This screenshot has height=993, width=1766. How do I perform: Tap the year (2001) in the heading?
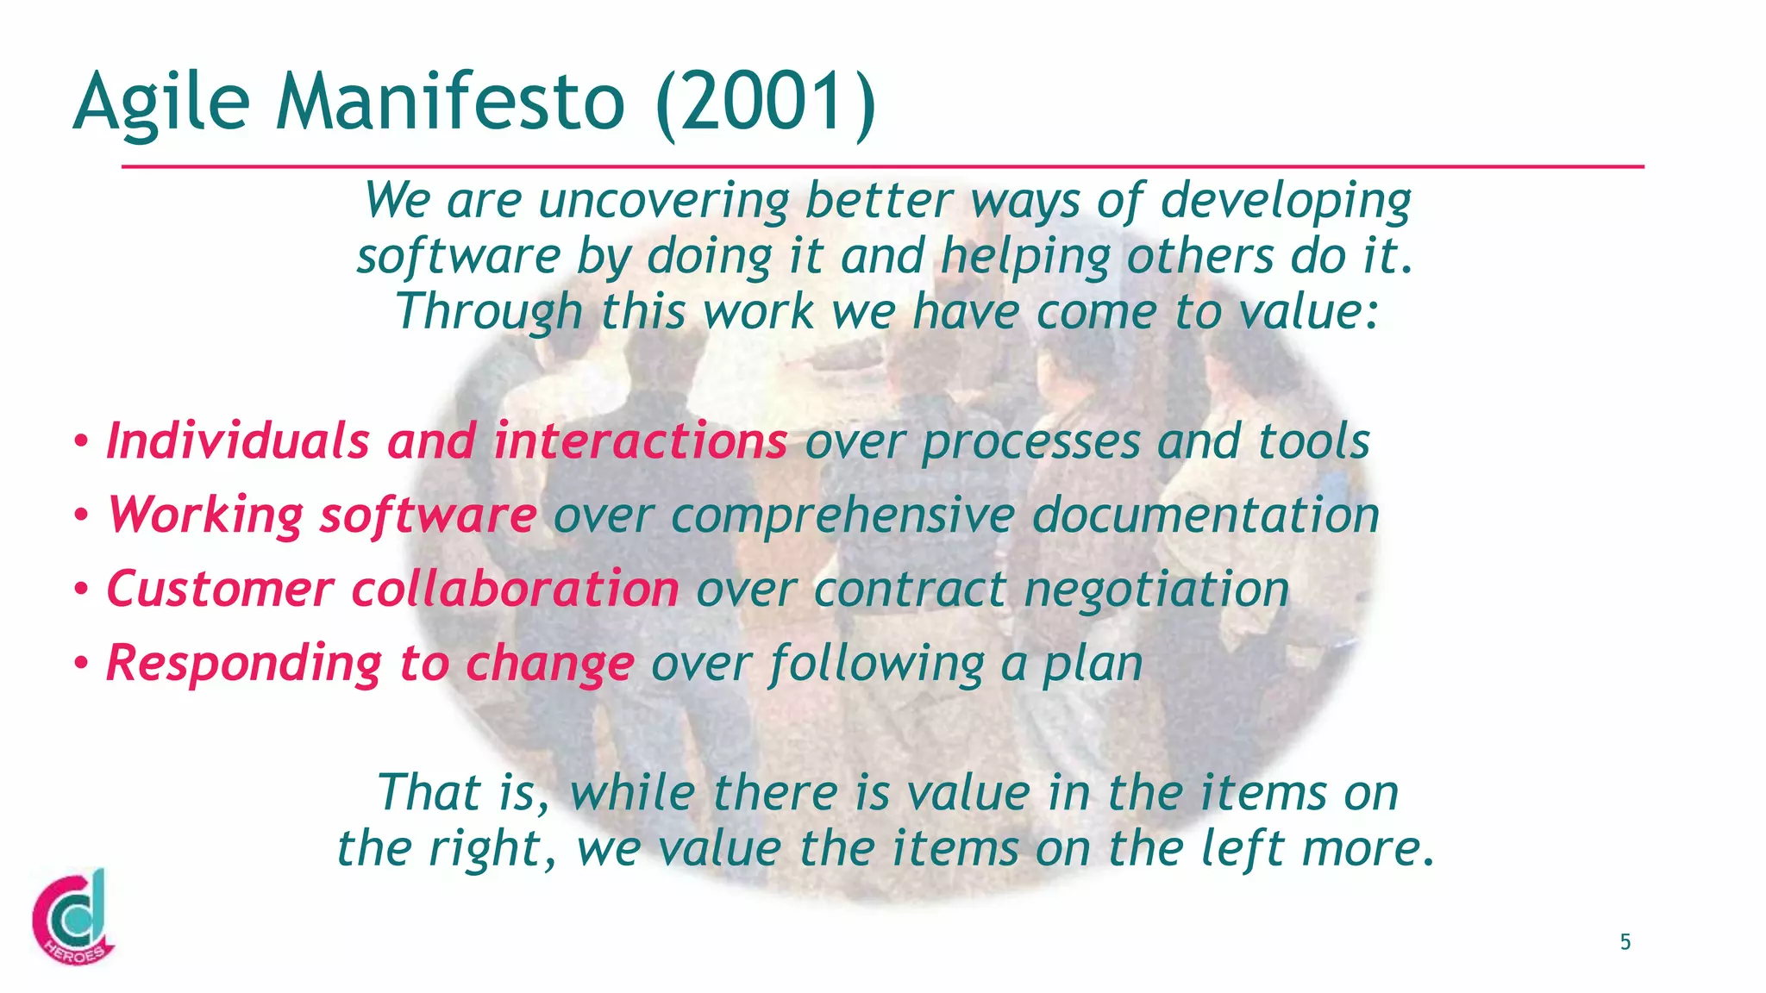point(766,102)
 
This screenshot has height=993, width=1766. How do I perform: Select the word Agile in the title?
point(161,102)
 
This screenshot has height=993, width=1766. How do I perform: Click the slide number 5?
point(1625,942)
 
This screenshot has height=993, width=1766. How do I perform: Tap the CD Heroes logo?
point(72,919)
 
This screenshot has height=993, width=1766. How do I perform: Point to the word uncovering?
point(663,200)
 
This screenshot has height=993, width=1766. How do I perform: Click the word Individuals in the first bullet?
point(238,440)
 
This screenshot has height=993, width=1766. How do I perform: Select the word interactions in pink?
point(640,440)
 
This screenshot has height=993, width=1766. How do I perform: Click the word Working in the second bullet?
point(205,515)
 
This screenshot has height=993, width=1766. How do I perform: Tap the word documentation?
point(1206,515)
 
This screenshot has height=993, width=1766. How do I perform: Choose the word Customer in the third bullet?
point(220,589)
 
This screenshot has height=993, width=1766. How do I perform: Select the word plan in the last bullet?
point(1093,663)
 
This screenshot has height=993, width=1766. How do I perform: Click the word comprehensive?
point(842,515)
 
